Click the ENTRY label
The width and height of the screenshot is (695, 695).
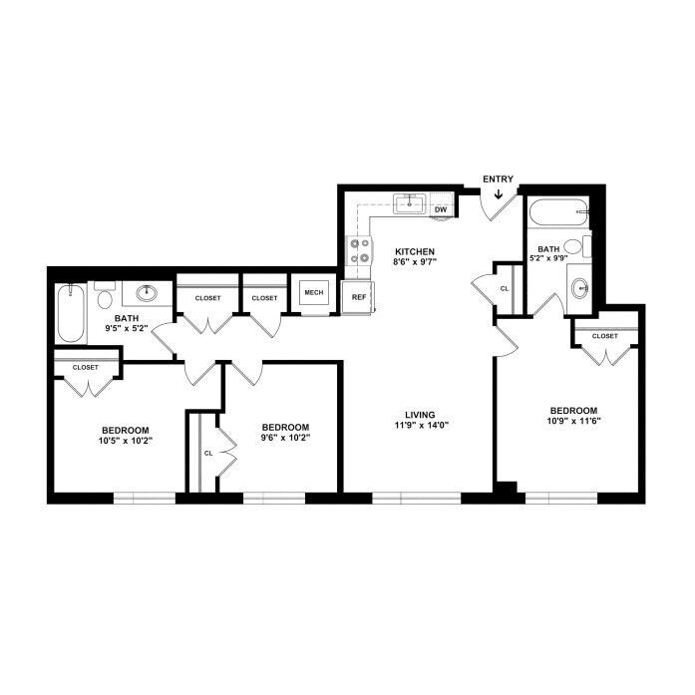tap(498, 179)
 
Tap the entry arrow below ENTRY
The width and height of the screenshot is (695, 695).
tap(499, 193)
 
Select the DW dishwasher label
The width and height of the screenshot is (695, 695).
tap(441, 209)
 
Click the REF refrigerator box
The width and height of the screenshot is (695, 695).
tap(358, 297)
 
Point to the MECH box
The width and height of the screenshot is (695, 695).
tap(314, 292)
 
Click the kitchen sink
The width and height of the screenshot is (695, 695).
tap(410, 203)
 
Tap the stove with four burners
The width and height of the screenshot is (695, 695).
tap(360, 250)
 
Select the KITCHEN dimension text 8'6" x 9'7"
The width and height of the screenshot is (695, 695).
tap(415, 261)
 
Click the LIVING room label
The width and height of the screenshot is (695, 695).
tap(420, 415)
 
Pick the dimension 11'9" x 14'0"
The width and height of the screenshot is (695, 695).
tap(422, 426)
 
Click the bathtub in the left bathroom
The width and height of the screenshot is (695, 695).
tap(71, 313)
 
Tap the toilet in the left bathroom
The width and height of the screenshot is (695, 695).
tap(105, 295)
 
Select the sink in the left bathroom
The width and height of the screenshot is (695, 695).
tap(147, 293)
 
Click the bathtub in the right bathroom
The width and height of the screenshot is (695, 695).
tap(558, 212)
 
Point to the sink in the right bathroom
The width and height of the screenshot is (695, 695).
tap(579, 289)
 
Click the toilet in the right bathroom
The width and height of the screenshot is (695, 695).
tap(576, 246)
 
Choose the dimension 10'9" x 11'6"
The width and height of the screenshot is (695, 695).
tap(573, 421)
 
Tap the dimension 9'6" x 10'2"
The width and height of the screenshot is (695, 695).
tap(285, 438)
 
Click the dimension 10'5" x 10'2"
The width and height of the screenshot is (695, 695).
tap(126, 441)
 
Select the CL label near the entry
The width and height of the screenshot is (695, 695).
tap(505, 288)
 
